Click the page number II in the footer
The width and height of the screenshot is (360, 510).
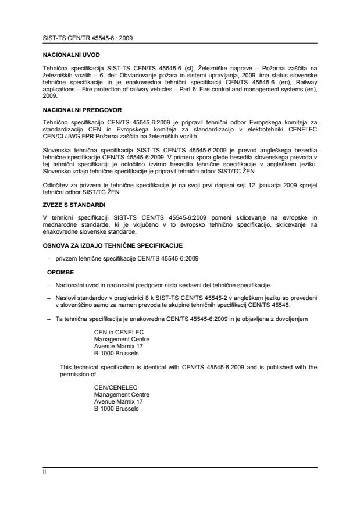click(45, 472)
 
